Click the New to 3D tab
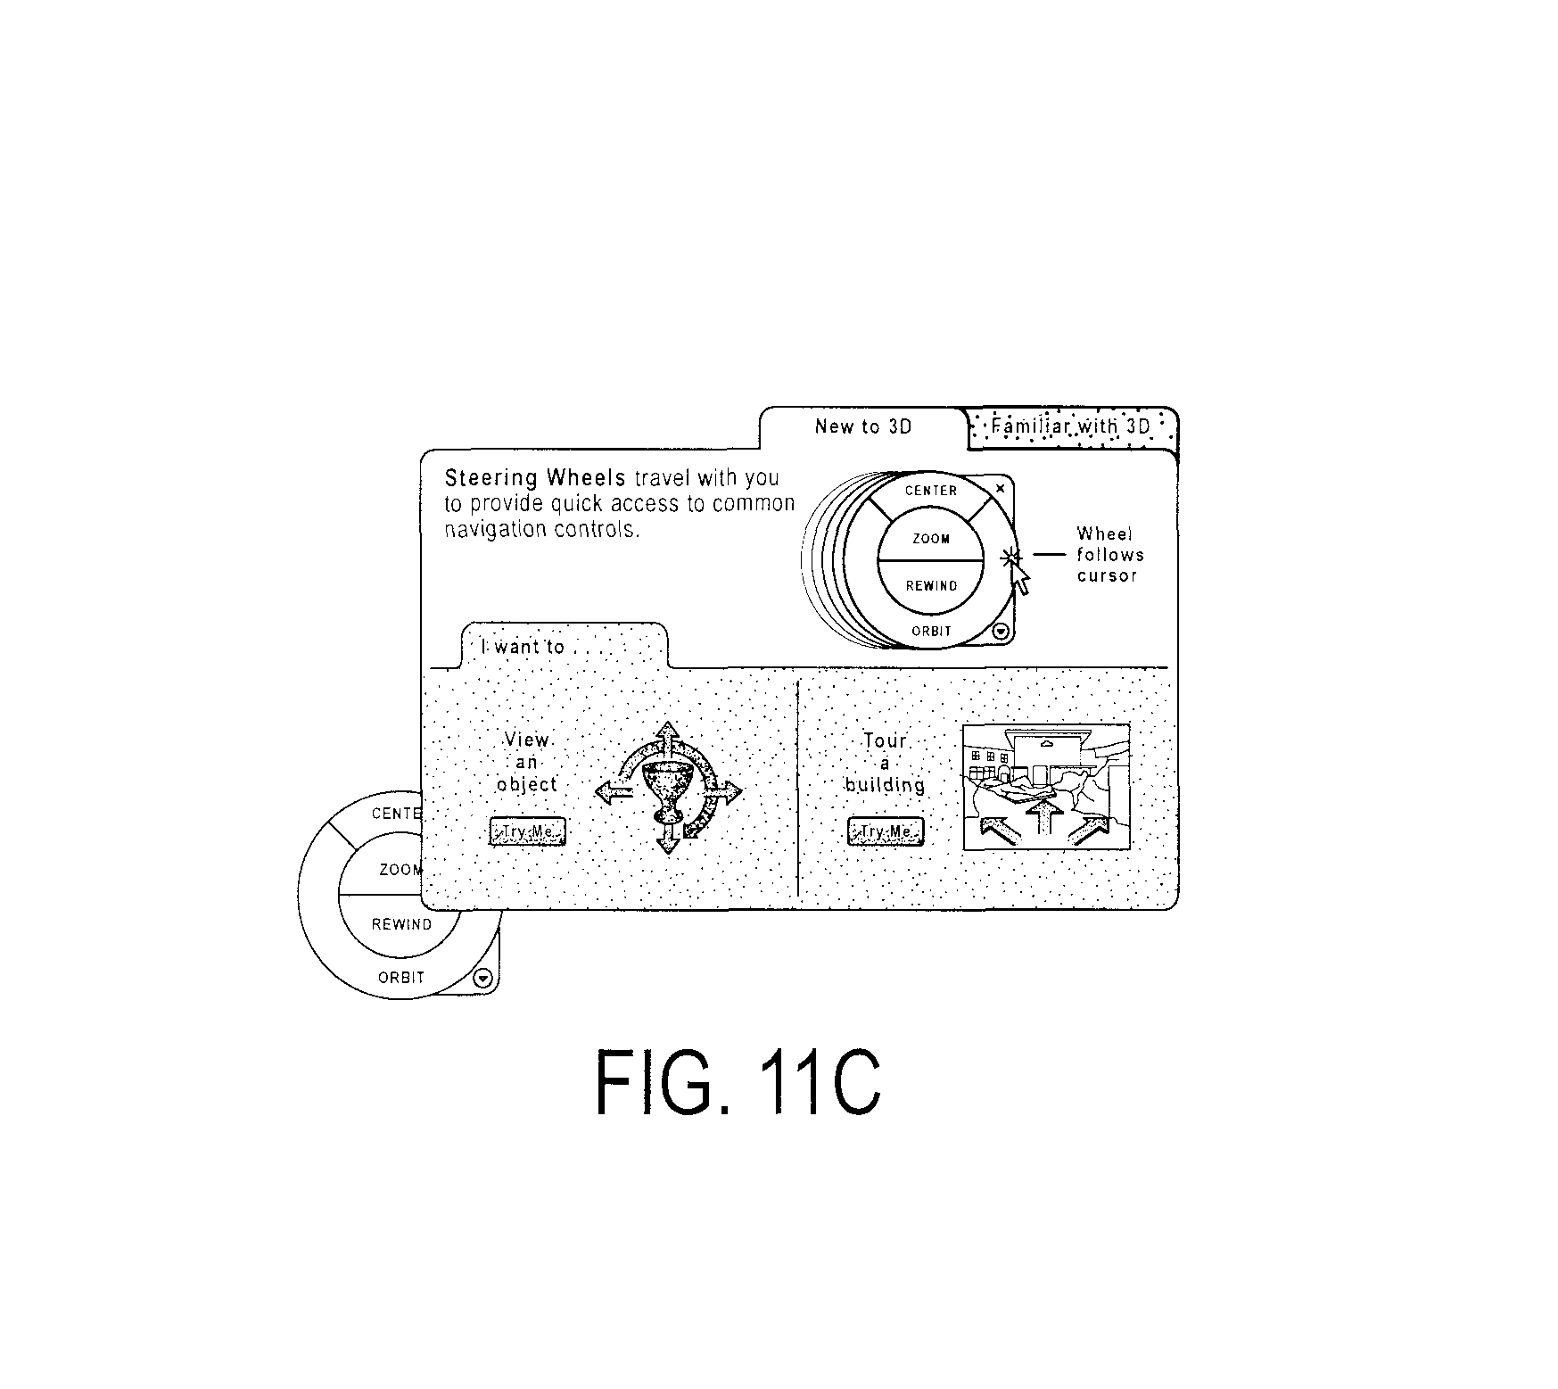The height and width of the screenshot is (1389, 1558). [863, 427]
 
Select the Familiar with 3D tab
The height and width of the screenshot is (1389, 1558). [1072, 426]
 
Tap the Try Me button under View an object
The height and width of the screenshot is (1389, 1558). [528, 832]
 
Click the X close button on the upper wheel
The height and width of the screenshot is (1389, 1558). [1000, 489]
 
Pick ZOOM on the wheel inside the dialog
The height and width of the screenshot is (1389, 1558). [931, 539]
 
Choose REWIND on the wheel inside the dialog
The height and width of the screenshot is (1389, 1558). [932, 586]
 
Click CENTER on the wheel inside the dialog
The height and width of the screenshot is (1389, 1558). [931, 491]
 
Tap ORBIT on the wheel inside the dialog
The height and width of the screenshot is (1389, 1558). [932, 631]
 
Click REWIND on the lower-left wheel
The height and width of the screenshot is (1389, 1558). [401, 924]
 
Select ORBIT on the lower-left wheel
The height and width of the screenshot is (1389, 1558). [401, 978]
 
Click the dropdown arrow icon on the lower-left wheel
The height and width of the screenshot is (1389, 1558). [482, 978]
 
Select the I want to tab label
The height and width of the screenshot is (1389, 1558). [523, 647]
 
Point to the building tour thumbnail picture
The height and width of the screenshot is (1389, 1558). [1046, 787]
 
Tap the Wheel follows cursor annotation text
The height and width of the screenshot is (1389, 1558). [1109, 555]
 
